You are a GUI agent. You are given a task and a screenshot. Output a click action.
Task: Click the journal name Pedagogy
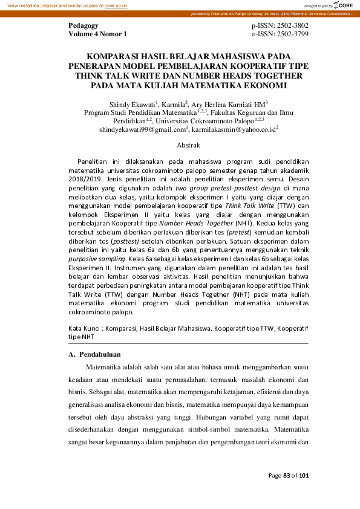click(83, 26)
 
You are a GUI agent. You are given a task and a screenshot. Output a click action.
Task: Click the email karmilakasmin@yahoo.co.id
click(234, 129)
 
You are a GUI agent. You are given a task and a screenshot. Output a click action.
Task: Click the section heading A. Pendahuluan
click(95, 354)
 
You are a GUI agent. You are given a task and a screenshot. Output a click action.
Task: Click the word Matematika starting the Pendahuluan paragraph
click(104, 367)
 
